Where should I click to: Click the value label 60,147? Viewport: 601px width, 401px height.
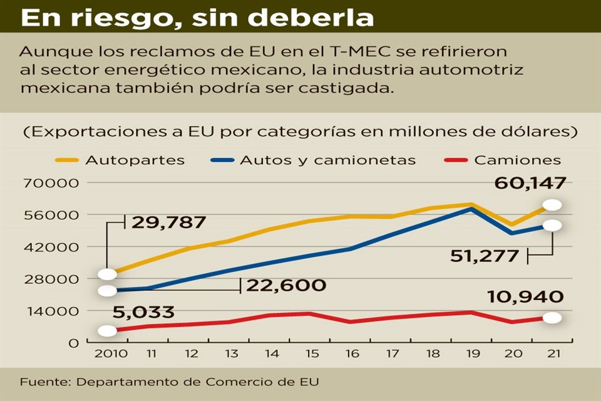point(530,183)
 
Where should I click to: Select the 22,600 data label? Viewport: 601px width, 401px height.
point(286,285)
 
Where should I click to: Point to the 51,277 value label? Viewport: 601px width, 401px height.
point(485,255)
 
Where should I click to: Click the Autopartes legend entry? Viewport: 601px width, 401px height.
point(135,160)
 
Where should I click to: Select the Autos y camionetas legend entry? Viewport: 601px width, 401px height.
point(327,160)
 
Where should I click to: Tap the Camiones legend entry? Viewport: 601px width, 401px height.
point(517,160)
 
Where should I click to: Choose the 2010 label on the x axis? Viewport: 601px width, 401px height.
point(111,353)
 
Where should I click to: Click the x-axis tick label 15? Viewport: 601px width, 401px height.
point(311,353)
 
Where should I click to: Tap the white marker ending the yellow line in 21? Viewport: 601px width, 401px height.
point(552,205)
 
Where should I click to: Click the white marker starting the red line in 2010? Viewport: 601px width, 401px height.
point(107,330)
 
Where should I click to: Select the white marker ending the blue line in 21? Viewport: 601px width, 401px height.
point(552,226)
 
